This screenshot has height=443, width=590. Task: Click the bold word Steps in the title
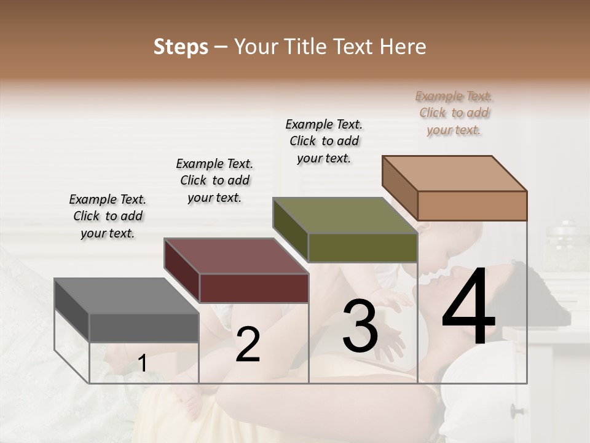coord(181,47)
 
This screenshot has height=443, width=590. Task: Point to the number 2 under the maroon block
coord(248,345)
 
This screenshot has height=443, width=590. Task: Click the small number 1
coord(142,364)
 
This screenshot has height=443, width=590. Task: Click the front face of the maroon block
coord(254,287)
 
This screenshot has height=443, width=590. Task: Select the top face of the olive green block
coord(344,215)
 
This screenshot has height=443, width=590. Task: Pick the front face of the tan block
coord(472,206)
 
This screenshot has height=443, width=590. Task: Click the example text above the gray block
coord(108,216)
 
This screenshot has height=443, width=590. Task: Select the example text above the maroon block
coord(214,180)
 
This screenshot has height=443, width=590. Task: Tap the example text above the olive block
coord(324,141)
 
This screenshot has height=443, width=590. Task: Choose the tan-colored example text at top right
coord(454,113)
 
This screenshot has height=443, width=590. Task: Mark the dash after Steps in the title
coord(221,47)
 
